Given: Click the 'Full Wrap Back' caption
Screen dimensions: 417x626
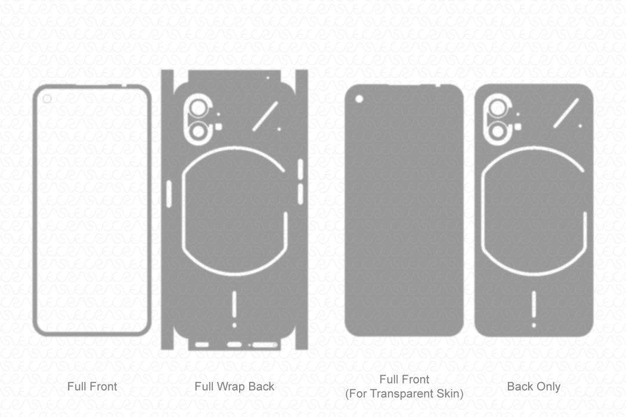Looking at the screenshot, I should tap(234, 387).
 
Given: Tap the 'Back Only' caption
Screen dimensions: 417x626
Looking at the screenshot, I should tap(534, 387).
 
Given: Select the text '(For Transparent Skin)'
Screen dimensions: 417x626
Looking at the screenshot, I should tap(404, 393).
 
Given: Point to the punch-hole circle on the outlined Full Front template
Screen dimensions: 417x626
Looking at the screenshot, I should tap(47, 99).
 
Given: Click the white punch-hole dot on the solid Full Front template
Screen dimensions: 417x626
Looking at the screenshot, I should tap(360, 99).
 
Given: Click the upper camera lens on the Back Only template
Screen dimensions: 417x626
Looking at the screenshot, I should tap(497, 107).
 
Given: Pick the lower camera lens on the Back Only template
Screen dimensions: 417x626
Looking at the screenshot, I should tap(497, 131).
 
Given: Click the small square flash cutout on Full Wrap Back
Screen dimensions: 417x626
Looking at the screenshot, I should tap(218, 126).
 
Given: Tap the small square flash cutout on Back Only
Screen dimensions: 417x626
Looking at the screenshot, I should tap(517, 126).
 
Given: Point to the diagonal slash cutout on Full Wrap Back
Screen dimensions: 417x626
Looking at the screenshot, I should tap(266, 116).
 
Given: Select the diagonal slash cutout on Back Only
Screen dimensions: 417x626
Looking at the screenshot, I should tap(566, 113).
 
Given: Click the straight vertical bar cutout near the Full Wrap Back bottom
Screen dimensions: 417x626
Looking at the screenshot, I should tap(234, 304).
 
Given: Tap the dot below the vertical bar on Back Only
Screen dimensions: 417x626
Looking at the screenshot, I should tap(534, 325).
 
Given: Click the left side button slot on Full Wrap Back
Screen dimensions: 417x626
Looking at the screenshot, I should tap(168, 194).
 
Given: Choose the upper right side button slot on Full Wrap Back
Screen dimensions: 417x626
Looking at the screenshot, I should tap(300, 169).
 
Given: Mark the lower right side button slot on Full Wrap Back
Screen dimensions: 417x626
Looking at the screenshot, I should tap(300, 192).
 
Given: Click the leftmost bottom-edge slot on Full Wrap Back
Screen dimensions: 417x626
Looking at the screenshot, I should tap(202, 344).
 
